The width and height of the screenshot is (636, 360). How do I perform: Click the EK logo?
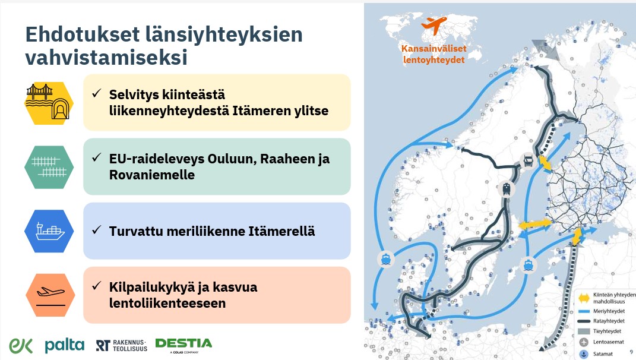click(x=21, y=345)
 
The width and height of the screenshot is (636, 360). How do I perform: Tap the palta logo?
click(x=65, y=345)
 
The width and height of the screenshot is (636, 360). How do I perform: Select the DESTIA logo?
click(x=183, y=344)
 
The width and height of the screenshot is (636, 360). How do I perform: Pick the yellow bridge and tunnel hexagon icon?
click(x=49, y=102)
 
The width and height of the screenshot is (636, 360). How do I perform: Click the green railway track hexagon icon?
click(x=49, y=166)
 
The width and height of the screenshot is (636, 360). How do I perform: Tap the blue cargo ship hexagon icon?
click(x=49, y=231)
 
